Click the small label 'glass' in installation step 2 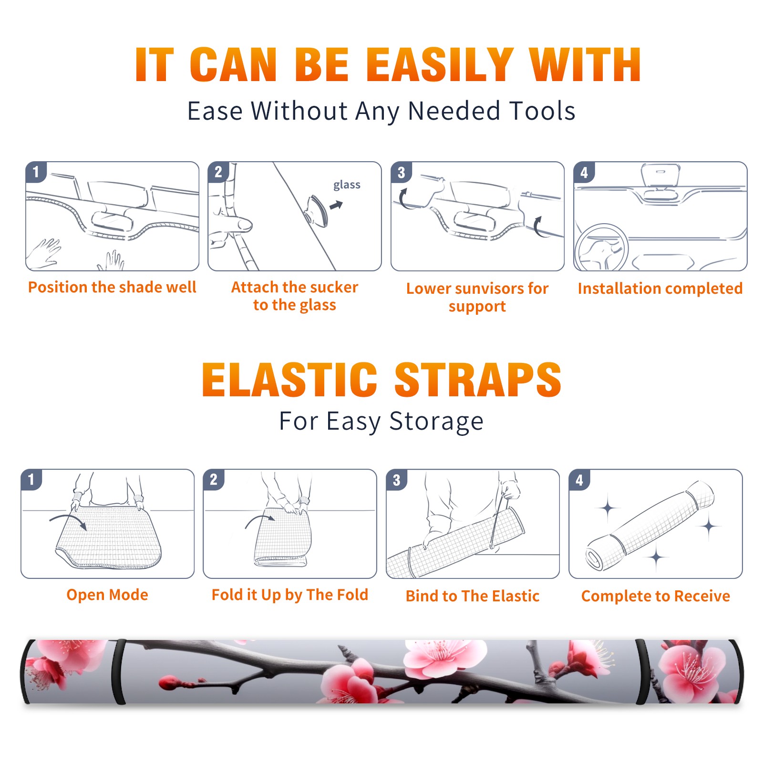[347, 185]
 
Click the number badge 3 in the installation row [401, 172]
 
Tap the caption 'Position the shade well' [112, 287]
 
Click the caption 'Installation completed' [660, 289]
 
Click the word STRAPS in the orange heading [478, 380]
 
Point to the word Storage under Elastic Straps [436, 422]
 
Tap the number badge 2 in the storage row [214, 480]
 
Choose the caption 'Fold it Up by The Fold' [290, 595]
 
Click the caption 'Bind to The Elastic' [473, 596]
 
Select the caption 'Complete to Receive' [656, 596]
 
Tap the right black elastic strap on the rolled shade [643, 671]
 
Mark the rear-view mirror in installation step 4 [660, 175]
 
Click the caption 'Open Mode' [107, 595]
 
